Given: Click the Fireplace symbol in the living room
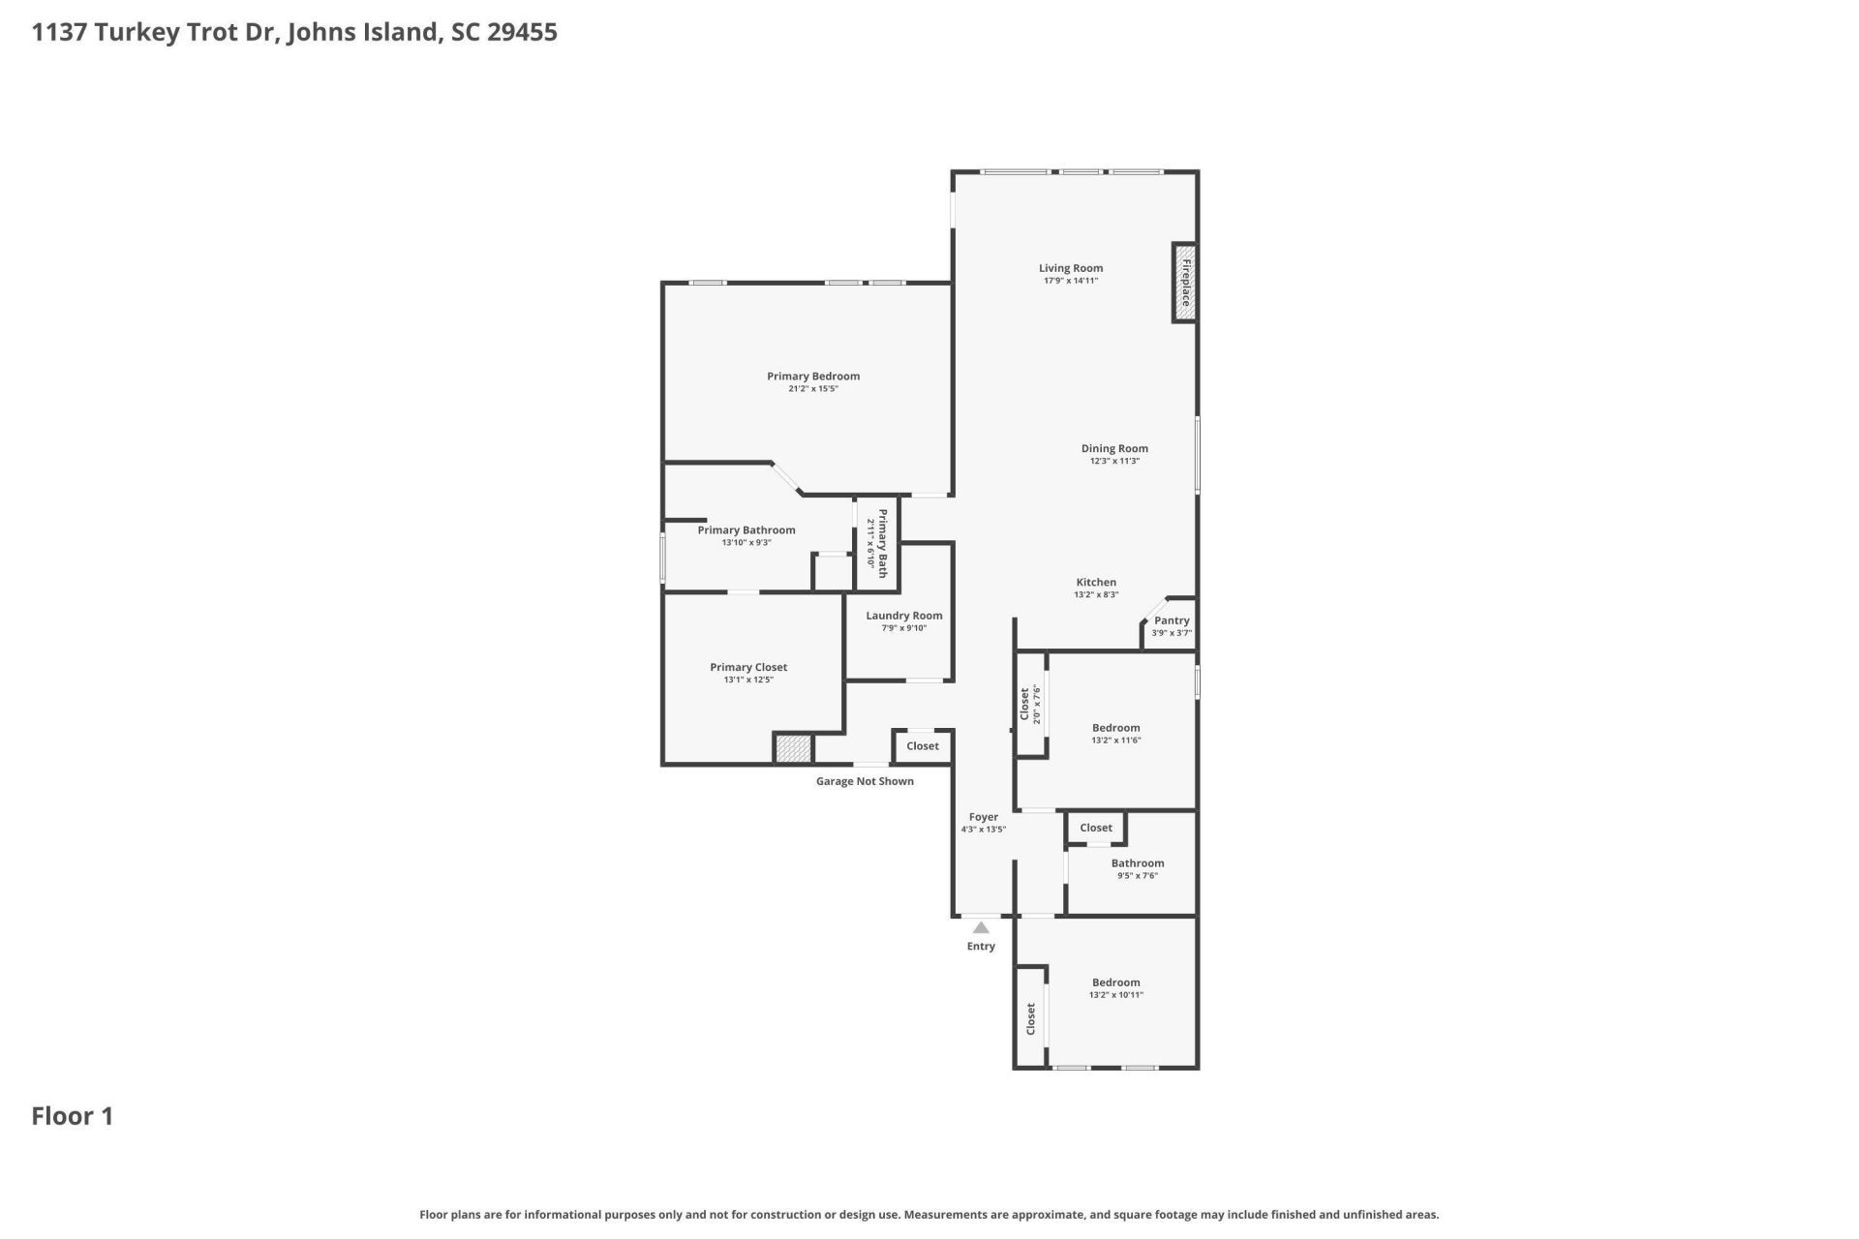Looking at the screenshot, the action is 1184,283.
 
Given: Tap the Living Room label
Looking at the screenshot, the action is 1071,268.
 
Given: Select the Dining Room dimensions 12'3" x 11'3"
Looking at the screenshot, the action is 1114,461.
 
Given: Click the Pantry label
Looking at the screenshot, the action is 1172,620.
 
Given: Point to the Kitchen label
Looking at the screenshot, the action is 1096,583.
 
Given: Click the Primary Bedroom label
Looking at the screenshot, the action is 813,377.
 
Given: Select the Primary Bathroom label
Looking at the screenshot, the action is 747,530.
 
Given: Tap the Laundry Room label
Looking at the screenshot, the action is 904,616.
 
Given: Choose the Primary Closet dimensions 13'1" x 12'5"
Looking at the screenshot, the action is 748,680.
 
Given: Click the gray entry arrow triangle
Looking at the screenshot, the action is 981,927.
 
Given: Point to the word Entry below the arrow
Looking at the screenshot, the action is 981,947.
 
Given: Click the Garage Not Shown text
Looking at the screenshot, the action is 865,781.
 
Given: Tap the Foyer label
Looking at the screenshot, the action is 984,817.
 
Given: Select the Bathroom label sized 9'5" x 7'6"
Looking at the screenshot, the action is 1138,863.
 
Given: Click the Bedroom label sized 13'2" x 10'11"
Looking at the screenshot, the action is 1116,982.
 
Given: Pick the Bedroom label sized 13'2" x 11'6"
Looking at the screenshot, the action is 1116,728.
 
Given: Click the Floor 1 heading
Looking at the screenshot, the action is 73,1116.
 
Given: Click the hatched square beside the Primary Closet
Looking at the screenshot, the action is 793,748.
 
